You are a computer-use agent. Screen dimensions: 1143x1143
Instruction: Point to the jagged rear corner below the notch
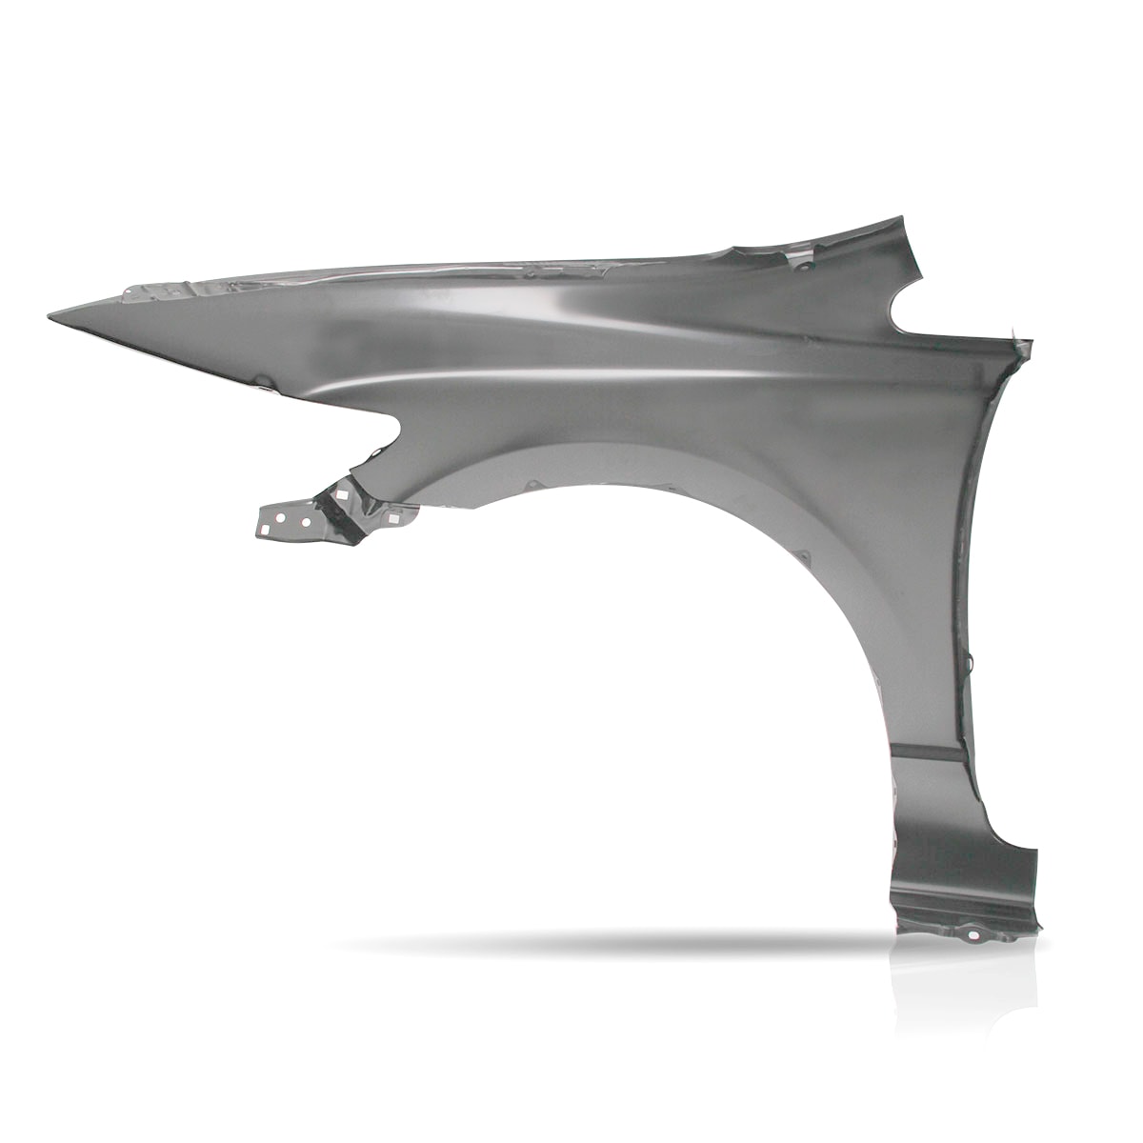click(x=1025, y=339)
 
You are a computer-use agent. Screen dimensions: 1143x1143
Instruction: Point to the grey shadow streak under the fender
click(x=610, y=943)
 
